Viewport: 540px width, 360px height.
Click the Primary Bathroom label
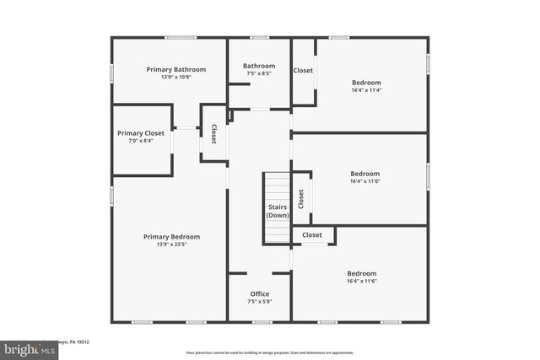pyautogui.click(x=175, y=69)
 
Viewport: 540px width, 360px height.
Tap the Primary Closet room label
pyautogui.click(x=141, y=133)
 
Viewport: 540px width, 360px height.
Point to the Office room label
pyautogui.click(x=260, y=294)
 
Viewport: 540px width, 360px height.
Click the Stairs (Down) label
pyautogui.click(x=278, y=211)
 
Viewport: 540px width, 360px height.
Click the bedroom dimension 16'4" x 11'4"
pyautogui.click(x=366, y=90)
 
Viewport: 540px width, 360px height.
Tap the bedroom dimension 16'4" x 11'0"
pyautogui.click(x=365, y=181)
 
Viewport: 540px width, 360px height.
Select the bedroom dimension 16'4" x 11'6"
pyautogui.click(x=361, y=281)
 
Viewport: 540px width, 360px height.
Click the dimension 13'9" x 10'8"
pyautogui.click(x=175, y=78)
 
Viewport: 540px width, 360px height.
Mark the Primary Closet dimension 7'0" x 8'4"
pyautogui.click(x=141, y=142)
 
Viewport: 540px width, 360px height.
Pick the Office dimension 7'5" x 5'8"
pyautogui.click(x=260, y=302)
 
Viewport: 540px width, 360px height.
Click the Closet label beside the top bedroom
pyautogui.click(x=304, y=71)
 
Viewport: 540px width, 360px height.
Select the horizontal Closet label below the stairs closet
pyautogui.click(x=312, y=235)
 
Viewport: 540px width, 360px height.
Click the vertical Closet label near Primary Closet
pyautogui.click(x=213, y=134)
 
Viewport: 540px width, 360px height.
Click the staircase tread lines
pyautogui.click(x=276, y=186)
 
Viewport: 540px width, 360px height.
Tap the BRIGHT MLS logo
pyautogui.click(x=25, y=347)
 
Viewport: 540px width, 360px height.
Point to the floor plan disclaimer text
pyautogui.click(x=269, y=352)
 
